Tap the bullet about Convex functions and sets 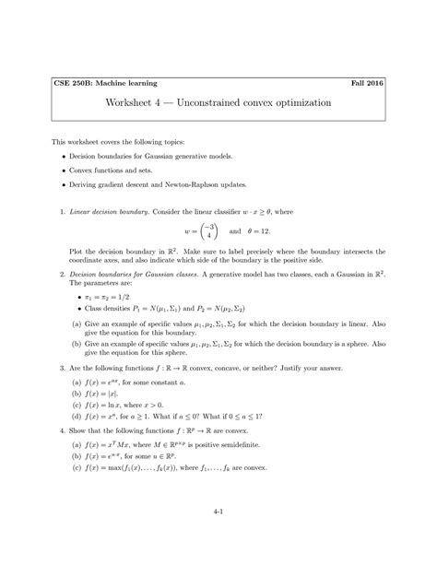point(123,171)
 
